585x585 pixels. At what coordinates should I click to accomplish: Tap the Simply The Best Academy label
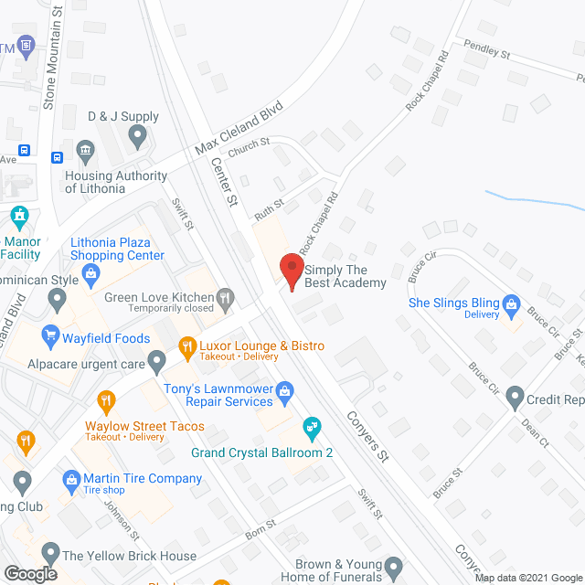[x=346, y=276]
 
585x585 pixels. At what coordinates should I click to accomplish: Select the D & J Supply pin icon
[x=138, y=138]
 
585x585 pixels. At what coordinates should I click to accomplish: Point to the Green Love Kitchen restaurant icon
[x=224, y=297]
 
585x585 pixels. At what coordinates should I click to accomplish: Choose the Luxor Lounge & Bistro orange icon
[x=186, y=346]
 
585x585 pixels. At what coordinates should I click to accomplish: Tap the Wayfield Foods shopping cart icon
[x=50, y=338]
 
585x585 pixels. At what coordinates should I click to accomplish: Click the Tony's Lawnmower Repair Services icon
[x=284, y=390]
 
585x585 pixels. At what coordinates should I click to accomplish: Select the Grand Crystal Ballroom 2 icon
[x=312, y=426]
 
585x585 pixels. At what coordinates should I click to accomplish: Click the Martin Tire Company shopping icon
[x=70, y=479]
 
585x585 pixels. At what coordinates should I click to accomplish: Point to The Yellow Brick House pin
[x=48, y=555]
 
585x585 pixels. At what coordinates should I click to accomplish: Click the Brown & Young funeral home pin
[x=394, y=567]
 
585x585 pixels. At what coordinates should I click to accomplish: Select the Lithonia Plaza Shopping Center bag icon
[x=90, y=272]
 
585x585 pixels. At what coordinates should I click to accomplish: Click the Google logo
[x=29, y=574]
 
